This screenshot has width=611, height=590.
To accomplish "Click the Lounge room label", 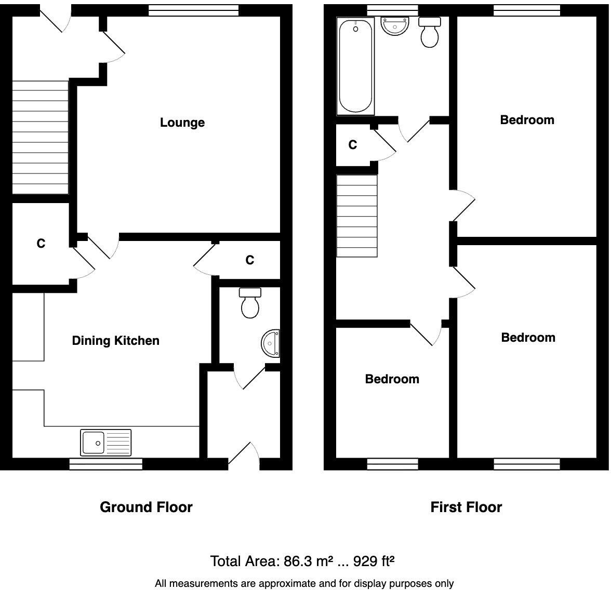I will click(182, 123).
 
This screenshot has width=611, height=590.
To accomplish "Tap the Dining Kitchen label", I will click(115, 341).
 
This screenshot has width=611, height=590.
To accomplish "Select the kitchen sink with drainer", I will click(106, 442).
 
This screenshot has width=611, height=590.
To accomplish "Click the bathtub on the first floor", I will click(355, 66).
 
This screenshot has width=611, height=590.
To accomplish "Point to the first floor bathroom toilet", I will click(429, 32).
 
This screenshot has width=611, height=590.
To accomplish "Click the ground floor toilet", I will click(250, 303).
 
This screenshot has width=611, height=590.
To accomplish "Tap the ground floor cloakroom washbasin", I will click(271, 343).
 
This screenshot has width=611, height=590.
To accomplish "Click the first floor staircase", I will click(357, 216).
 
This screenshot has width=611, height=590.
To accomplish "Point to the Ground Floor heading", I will click(146, 507).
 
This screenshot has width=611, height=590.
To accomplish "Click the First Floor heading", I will click(466, 507).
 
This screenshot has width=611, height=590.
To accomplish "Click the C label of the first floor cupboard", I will click(353, 145).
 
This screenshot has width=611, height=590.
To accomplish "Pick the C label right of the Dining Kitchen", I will click(250, 260).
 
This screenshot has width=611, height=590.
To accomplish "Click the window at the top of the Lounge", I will click(193, 10).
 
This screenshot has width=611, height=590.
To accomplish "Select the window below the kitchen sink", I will click(106, 464).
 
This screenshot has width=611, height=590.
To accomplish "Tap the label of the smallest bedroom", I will click(392, 379).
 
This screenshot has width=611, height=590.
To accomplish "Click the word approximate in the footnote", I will click(272, 584).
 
